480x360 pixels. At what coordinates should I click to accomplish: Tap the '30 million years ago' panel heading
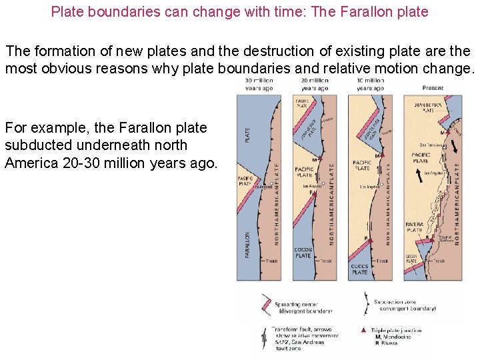pos(259,85)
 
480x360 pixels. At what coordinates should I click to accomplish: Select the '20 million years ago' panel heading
pos(314,85)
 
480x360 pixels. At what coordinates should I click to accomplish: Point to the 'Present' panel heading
pos(433,87)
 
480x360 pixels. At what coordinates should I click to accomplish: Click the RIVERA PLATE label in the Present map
pos(414,227)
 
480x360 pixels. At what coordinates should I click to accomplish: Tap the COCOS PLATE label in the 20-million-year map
pos(303,253)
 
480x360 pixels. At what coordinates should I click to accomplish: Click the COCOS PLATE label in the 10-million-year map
pos(359,269)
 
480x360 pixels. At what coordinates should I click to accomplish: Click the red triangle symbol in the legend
pos(363,330)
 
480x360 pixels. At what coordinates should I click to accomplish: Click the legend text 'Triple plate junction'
pos(398,330)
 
